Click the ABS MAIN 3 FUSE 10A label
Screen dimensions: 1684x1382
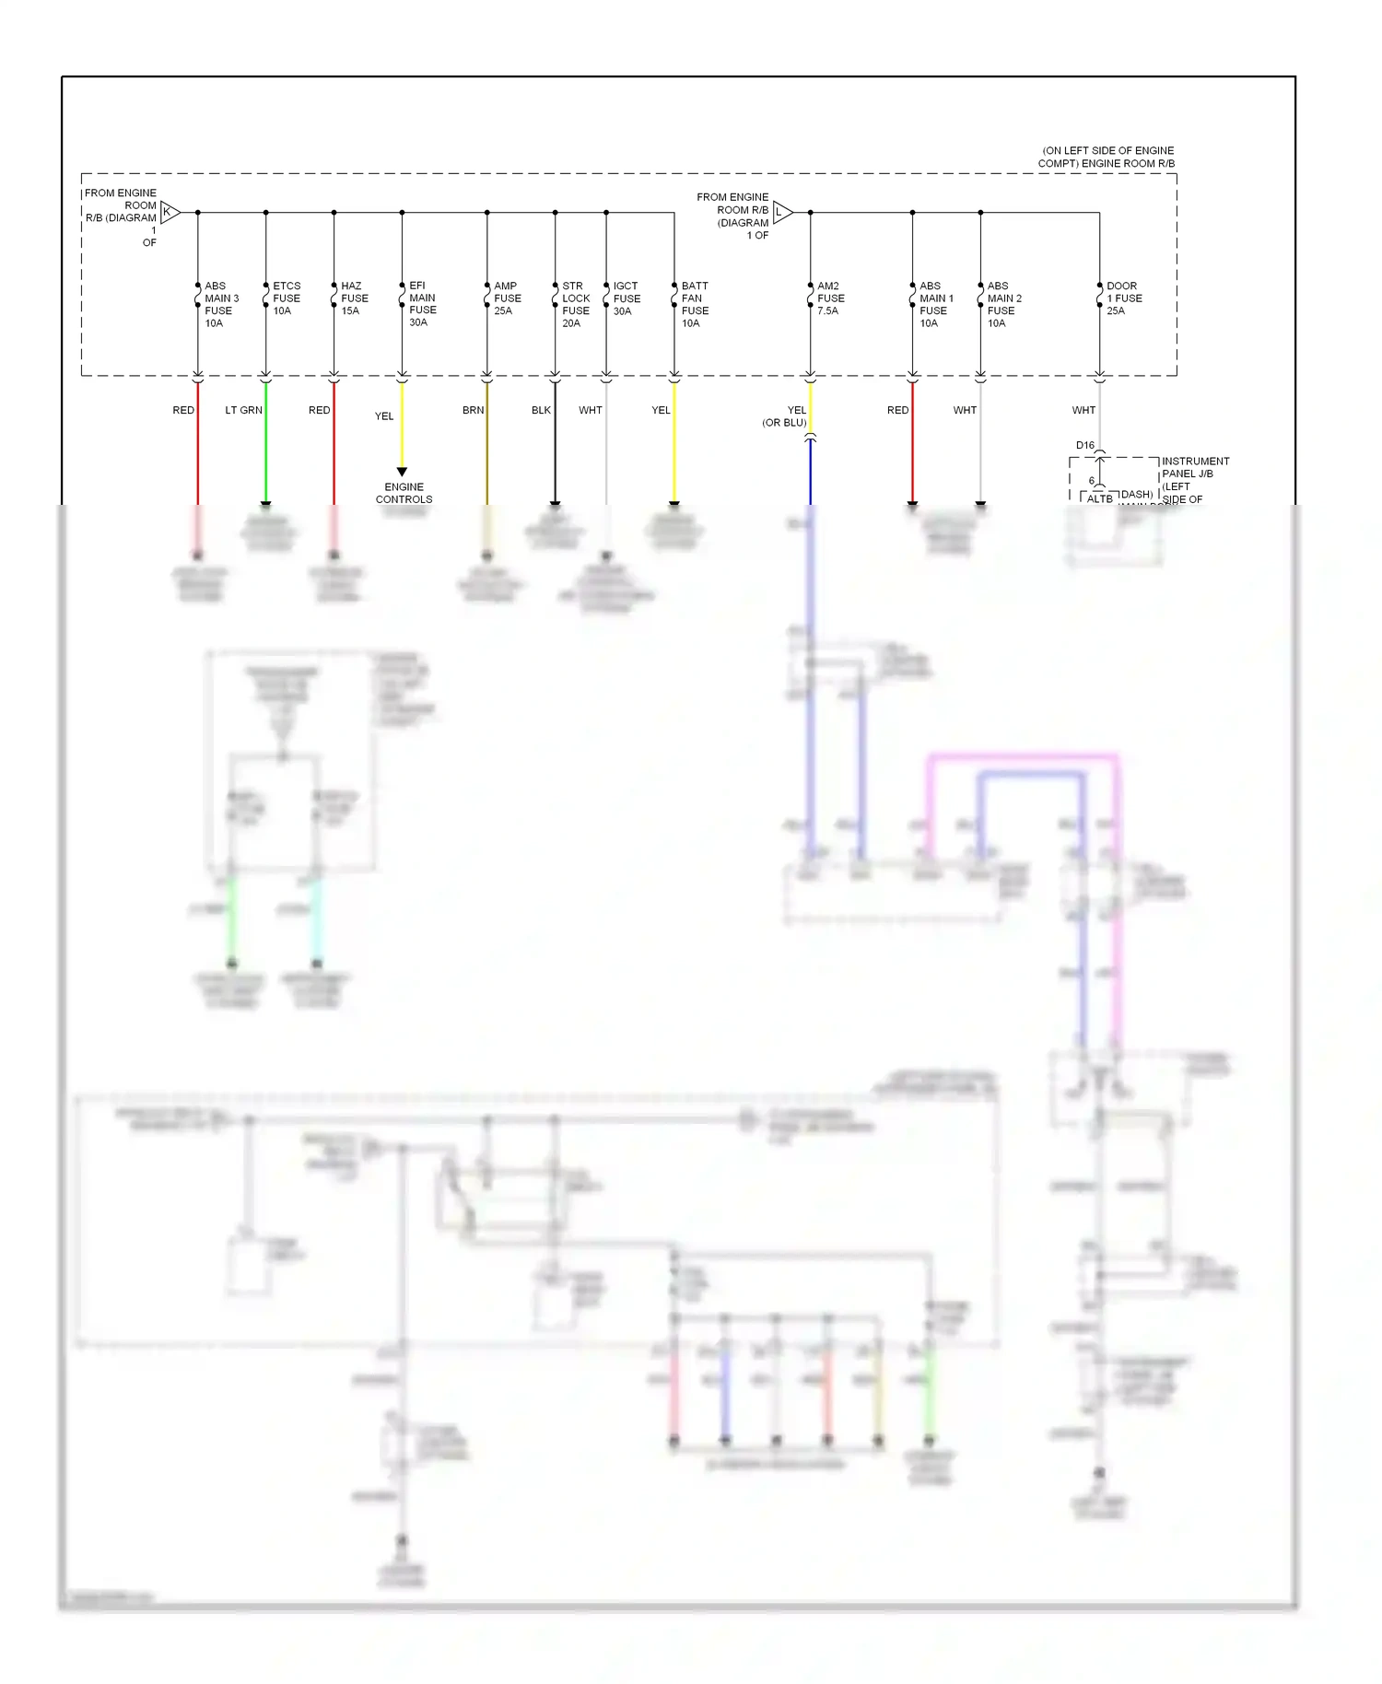(x=221, y=305)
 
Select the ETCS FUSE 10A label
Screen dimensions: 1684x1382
(x=287, y=298)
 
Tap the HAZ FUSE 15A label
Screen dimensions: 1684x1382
(x=354, y=298)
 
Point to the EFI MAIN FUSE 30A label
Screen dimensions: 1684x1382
(x=422, y=304)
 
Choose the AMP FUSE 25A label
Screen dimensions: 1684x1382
(x=507, y=298)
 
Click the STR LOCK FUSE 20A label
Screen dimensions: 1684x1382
(x=575, y=305)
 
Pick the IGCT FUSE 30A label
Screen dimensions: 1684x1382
(x=627, y=298)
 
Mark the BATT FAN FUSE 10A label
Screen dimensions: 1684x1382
(x=695, y=305)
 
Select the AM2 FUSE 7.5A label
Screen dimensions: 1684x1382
(x=830, y=298)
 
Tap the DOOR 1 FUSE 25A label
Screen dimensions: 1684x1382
(x=1124, y=298)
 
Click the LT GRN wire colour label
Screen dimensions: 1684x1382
(x=243, y=410)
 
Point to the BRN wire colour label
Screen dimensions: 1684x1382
(x=473, y=410)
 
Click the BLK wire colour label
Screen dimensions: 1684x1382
(x=541, y=410)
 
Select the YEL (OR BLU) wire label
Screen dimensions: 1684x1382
(x=785, y=416)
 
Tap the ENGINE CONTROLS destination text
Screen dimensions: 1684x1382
(x=404, y=493)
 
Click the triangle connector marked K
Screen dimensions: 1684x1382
(x=169, y=212)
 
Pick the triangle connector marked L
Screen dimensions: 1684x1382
(x=781, y=213)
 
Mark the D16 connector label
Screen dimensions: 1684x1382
(x=1084, y=445)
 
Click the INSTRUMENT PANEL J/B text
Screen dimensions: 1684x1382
(x=1195, y=467)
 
